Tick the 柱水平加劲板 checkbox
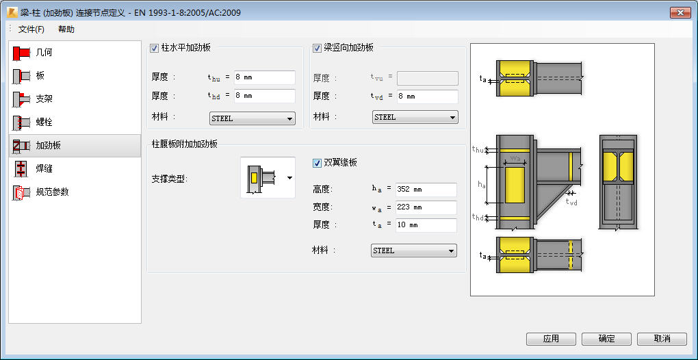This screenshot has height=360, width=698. (155, 48)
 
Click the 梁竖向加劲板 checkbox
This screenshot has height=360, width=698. (317, 48)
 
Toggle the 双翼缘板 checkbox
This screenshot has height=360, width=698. (317, 164)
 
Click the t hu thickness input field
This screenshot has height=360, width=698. (264, 77)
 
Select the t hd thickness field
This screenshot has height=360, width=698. (264, 96)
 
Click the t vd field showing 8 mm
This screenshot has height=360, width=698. (427, 97)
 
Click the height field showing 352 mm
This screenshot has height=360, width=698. (426, 190)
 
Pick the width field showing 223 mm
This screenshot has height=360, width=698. (426, 207)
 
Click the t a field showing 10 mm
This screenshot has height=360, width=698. (426, 225)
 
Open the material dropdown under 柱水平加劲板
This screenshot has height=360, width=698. (253, 118)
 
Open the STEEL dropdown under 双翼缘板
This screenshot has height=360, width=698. (414, 250)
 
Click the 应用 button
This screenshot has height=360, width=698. (551, 339)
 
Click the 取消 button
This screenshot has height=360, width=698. (662, 339)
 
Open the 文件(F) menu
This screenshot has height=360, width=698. (31, 29)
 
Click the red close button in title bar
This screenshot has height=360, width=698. (680, 13)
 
